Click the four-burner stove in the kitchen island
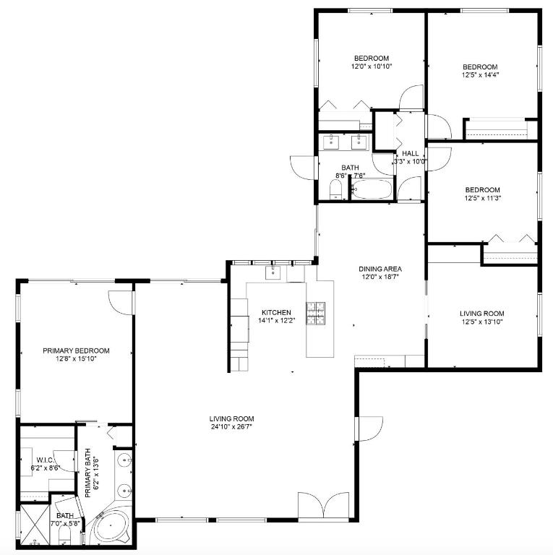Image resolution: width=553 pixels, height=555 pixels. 317,312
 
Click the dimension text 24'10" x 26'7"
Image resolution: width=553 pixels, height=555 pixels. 231,426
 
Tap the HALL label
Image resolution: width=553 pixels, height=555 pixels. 410,153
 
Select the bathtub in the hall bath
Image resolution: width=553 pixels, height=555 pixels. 372,190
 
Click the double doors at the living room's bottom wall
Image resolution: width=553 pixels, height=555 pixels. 327,506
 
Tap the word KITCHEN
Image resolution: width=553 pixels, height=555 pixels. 277,313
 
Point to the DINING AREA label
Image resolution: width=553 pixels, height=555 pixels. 380,269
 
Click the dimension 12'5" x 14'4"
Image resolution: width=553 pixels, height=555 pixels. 481,74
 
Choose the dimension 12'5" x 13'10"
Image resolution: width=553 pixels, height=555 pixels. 482,322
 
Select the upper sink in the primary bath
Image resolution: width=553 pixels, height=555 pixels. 124,459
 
